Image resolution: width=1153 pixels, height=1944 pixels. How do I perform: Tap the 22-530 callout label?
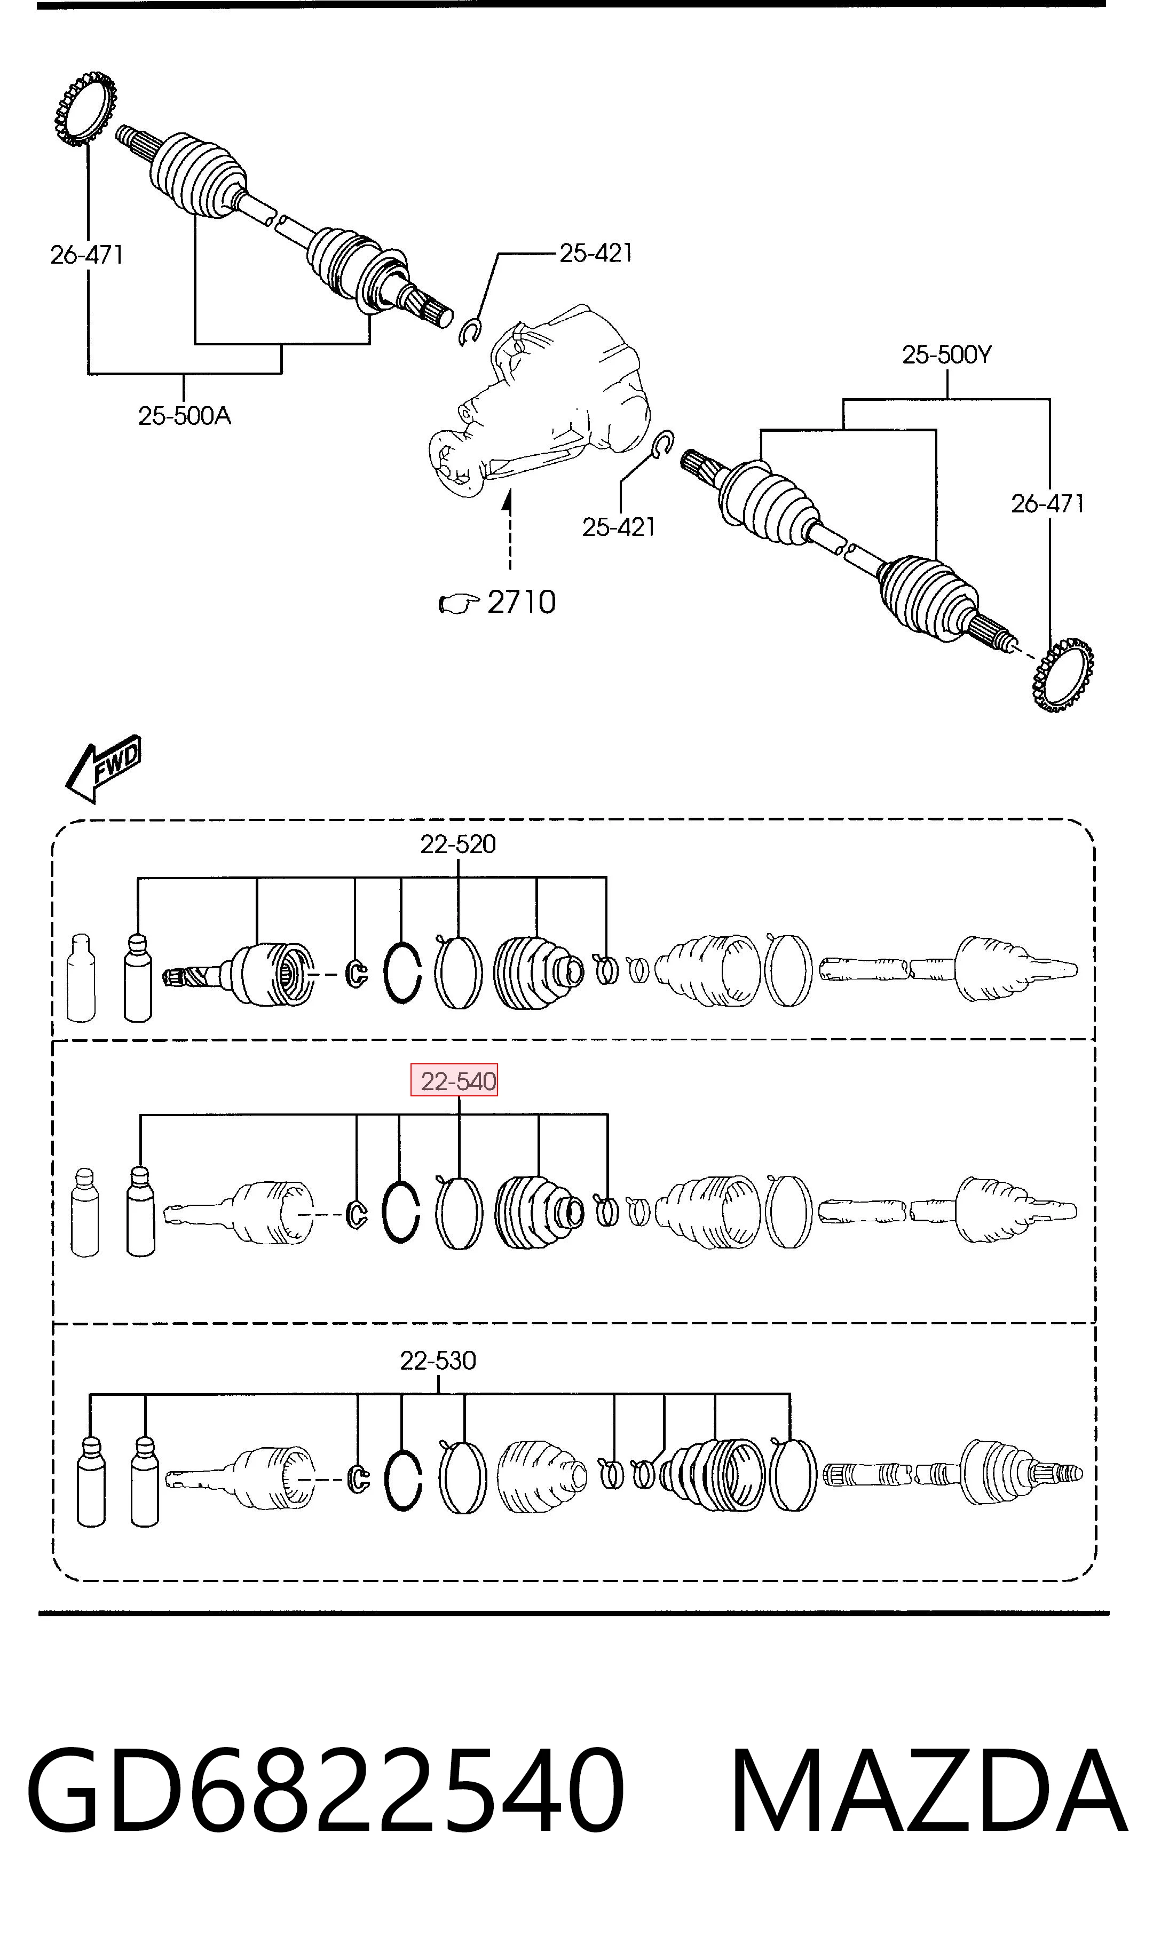[438, 1360]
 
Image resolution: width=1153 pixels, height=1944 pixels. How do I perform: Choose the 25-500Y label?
[947, 354]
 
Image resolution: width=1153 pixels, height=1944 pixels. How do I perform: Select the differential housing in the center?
[536, 400]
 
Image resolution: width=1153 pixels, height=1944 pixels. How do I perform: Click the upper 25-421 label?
[596, 252]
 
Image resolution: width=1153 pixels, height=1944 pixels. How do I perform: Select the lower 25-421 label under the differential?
[619, 527]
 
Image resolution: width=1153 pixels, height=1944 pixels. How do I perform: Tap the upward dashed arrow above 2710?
[508, 528]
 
